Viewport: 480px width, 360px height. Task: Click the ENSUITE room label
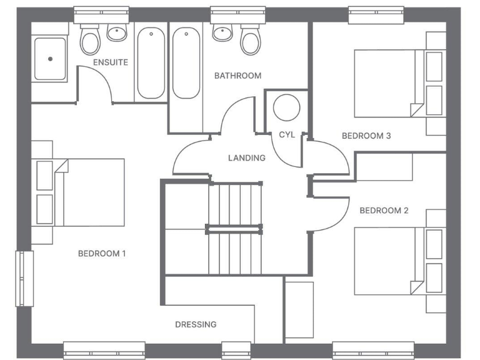[111, 62]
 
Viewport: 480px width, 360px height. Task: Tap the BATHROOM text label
[237, 76]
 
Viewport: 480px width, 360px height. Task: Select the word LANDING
[246, 158]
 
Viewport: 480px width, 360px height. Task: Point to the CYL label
[286, 134]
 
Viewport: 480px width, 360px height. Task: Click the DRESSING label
[196, 324]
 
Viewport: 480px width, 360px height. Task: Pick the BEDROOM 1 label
[102, 254]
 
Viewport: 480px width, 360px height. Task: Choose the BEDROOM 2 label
[384, 211]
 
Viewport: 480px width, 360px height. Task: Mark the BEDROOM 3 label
[366, 136]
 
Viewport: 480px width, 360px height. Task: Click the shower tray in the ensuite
[50, 59]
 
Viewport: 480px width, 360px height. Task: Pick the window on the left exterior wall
[24, 278]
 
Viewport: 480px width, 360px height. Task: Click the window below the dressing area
[236, 350]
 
